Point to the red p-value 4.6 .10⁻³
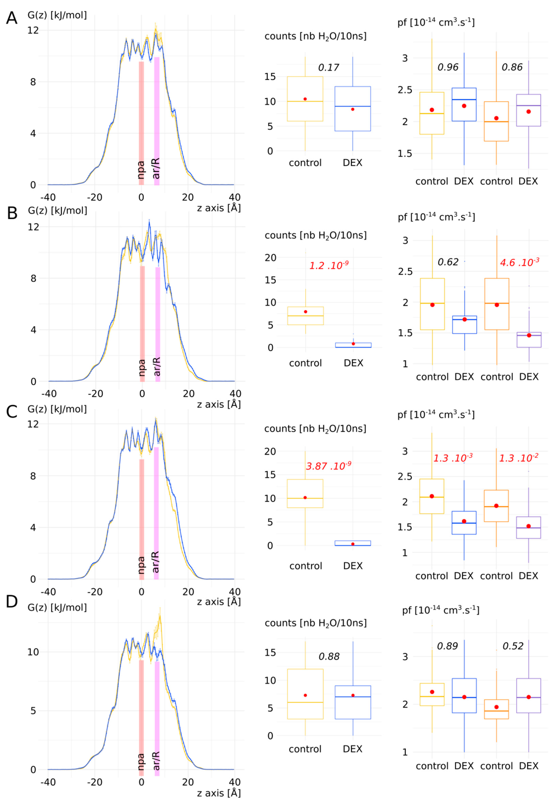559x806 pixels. pos(519,262)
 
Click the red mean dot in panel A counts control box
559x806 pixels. pos(305,99)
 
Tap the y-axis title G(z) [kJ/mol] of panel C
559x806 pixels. pos(57,409)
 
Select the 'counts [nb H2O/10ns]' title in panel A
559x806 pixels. pos(315,36)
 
